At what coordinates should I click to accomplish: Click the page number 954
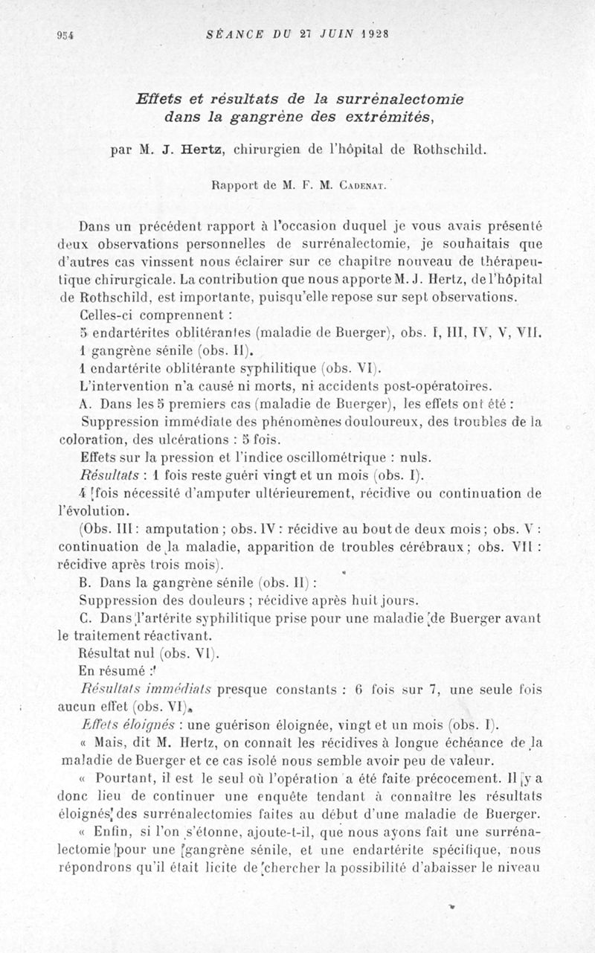coord(65,34)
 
